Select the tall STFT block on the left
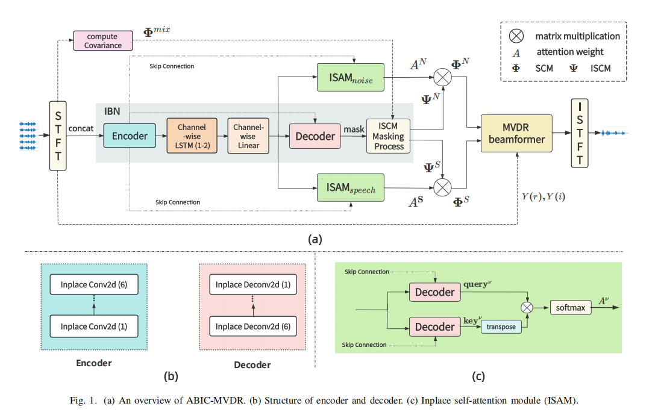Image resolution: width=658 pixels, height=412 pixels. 57,136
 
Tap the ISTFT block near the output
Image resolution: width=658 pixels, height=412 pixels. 580,133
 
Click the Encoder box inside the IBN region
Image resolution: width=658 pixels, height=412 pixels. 130,136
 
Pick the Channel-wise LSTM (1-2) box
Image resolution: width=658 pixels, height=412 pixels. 192,136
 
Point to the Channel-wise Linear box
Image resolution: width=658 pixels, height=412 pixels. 248,136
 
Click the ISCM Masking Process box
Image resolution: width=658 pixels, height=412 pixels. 389,137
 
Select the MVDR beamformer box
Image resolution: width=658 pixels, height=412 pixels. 516,133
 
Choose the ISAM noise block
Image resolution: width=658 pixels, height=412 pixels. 350,77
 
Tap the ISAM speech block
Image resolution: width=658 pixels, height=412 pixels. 350,187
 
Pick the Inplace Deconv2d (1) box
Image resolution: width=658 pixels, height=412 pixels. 253,284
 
